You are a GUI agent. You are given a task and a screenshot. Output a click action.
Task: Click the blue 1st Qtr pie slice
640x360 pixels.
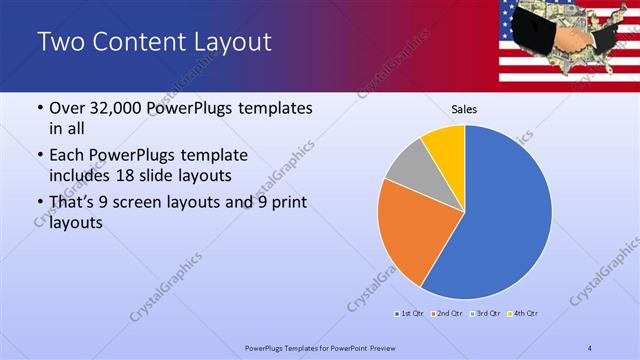tap(505, 215)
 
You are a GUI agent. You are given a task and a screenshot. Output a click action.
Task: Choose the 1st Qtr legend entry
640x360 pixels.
tap(408, 314)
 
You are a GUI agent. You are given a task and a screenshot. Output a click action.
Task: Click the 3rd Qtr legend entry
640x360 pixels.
tap(484, 314)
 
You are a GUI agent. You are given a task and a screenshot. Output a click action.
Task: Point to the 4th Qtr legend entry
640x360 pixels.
tap(523, 314)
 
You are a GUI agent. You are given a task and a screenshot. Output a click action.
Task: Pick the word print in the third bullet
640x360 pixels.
tap(286, 203)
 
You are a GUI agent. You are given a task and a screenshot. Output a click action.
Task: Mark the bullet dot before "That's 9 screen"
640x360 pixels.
tap(38, 204)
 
